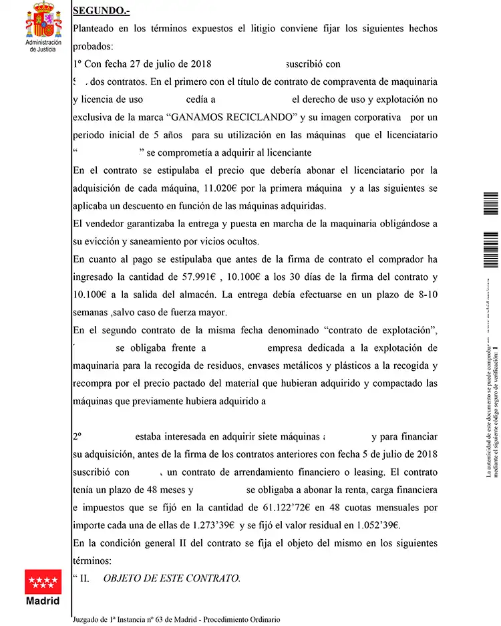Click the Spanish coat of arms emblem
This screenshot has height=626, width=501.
(x=43, y=20)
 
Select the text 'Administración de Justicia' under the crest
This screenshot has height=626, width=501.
(x=43, y=45)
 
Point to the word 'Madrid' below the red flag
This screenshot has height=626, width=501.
(x=43, y=601)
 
